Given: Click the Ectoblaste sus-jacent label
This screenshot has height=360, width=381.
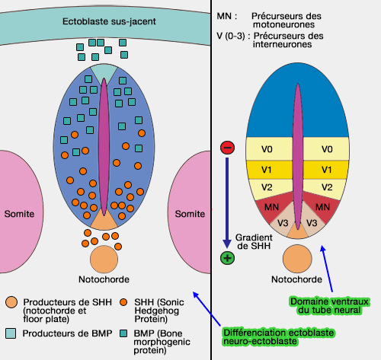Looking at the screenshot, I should pos(104,21).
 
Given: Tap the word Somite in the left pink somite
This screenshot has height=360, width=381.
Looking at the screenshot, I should pos(19,214).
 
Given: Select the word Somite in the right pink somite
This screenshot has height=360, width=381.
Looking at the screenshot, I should pos(190,214).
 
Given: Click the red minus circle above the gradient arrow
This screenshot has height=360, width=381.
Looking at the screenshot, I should pos(227,147).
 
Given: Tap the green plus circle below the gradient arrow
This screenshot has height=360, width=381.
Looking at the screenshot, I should pos(227,258).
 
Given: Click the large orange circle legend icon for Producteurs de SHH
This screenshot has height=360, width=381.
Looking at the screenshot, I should pos(11,303).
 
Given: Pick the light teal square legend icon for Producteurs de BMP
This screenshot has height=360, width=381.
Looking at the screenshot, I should pos(11,333).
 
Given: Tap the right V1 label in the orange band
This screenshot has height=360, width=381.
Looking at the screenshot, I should pos(327,169).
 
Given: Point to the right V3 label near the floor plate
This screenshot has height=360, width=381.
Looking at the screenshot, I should pos(311,222).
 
